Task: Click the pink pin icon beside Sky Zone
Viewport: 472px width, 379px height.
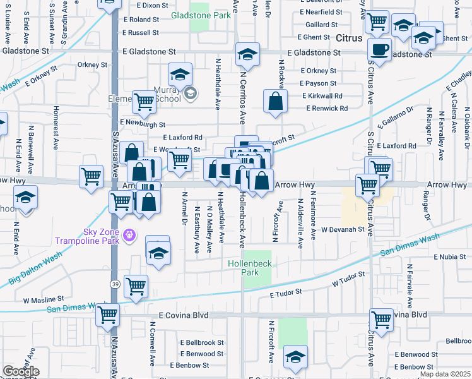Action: click(129, 235)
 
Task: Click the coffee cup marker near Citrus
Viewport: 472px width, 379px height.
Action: click(380, 49)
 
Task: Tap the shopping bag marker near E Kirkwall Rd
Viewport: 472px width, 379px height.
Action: click(276, 102)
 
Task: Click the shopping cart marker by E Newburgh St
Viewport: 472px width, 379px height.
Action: click(144, 102)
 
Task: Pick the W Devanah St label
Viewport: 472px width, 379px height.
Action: click(343, 230)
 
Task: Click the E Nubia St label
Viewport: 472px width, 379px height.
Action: click(449, 257)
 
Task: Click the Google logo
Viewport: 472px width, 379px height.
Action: click(21, 371)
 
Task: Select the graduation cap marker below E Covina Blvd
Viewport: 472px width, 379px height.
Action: click(295, 356)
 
